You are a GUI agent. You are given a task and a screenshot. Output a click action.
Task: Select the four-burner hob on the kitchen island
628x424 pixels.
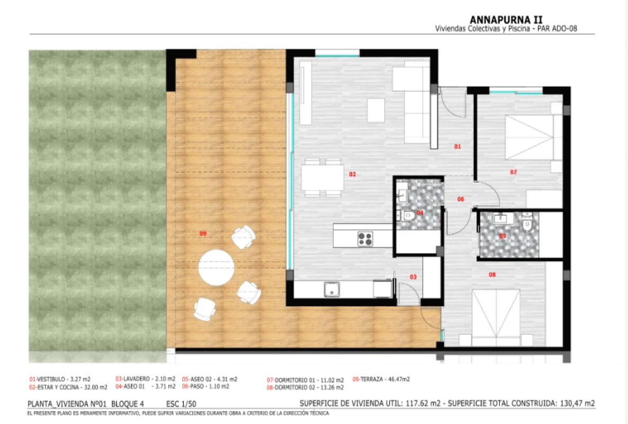(365, 238)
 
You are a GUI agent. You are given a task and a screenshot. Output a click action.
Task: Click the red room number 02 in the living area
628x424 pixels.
(352, 174)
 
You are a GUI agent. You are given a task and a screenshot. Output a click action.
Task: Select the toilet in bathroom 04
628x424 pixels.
(409, 216)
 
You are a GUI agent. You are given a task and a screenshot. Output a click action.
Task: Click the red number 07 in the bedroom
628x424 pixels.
(514, 172)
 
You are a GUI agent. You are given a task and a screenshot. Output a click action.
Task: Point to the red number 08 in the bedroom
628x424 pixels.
(492, 275)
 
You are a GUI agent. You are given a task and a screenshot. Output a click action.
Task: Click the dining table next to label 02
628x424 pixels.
(322, 178)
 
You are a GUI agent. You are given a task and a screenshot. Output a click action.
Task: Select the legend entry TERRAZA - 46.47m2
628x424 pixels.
(381, 379)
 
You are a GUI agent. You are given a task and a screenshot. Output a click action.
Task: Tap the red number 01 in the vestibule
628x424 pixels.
(458, 146)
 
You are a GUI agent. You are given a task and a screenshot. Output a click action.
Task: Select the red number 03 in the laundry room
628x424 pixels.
(413, 277)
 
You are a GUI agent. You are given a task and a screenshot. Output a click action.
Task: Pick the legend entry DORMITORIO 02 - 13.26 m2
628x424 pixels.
(305, 387)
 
